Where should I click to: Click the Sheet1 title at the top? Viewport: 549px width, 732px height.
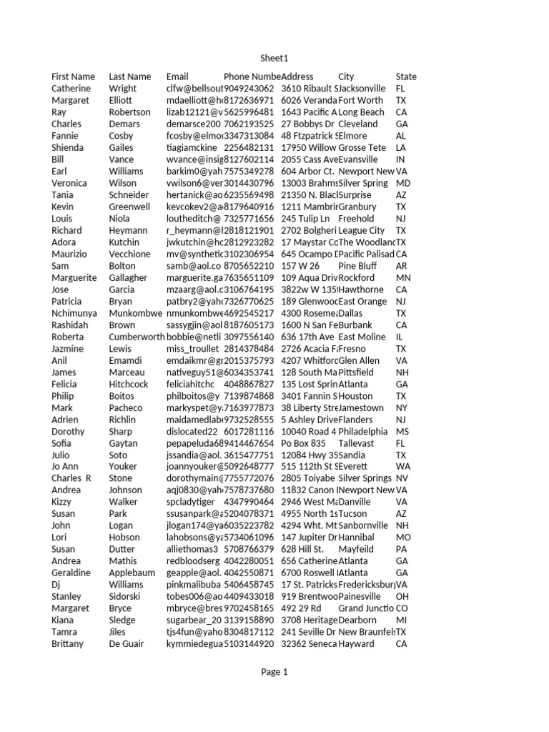coord(274,58)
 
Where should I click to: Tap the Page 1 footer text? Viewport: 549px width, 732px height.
coord(274,672)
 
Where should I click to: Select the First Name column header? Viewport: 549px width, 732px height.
coord(73,76)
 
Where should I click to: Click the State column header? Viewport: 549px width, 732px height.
coord(406,76)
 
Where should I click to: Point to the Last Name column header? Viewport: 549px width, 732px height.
coord(129,76)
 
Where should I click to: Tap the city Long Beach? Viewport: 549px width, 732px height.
coord(361,112)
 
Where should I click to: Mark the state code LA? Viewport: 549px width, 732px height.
coord(401,147)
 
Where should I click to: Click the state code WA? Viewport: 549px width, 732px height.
coord(402,467)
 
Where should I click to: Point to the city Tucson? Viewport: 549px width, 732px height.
coord(353,514)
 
